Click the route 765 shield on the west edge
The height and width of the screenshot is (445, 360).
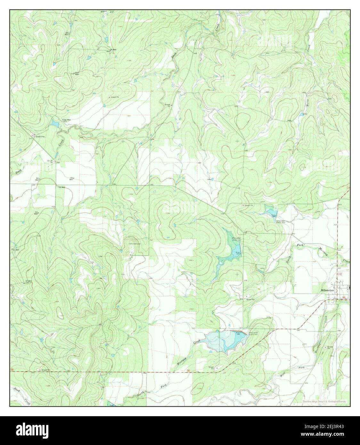point(12,370)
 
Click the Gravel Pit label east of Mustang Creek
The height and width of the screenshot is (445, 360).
point(329,347)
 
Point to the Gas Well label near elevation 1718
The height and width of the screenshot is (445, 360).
point(77,73)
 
